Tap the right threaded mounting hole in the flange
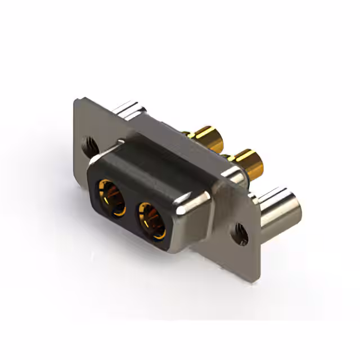coord(241,233)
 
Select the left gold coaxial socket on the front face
coord(111,196)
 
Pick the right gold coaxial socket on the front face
coord(152,220)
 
